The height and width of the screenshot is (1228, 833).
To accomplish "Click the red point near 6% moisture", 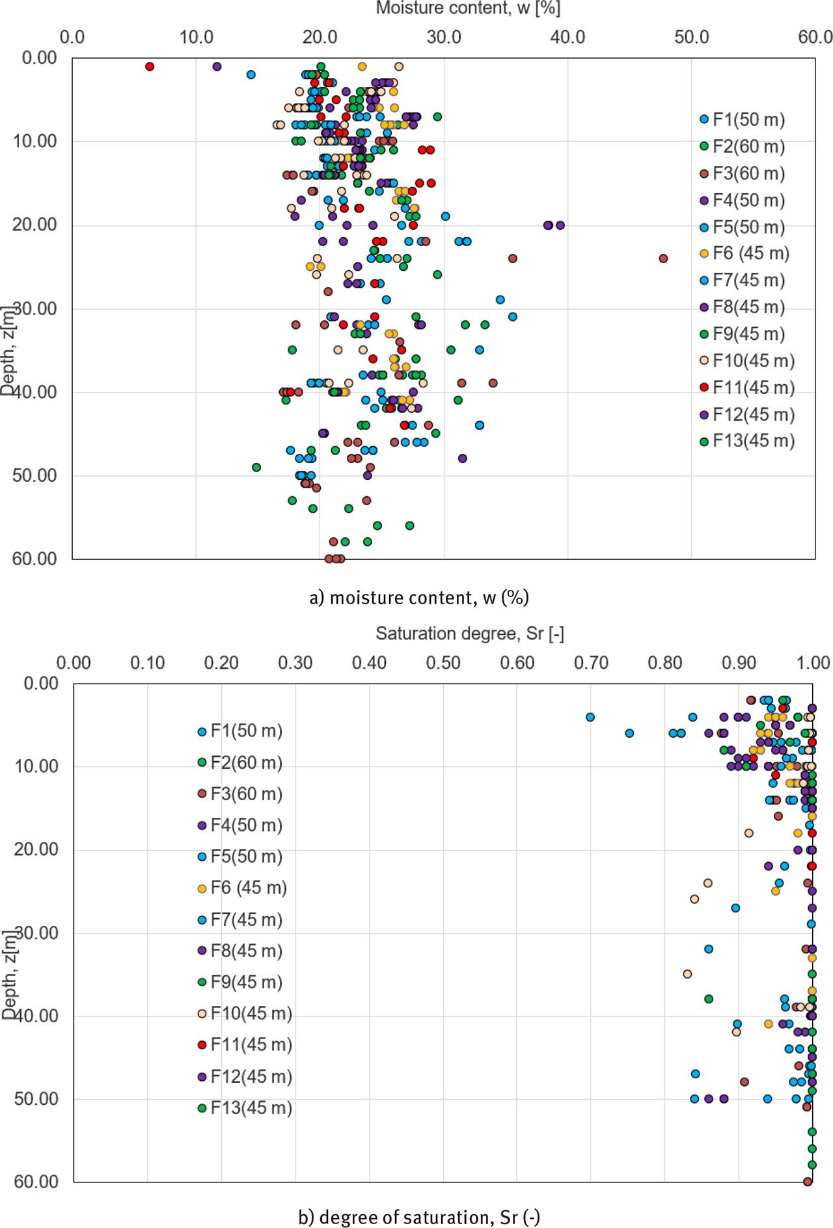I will (150, 66).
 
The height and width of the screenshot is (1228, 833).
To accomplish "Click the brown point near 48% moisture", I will (663, 258).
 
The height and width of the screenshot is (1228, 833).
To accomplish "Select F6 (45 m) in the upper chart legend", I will (750, 253).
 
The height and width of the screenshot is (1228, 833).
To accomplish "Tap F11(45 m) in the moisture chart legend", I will (753, 387).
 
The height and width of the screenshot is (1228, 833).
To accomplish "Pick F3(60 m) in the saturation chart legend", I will (246, 794).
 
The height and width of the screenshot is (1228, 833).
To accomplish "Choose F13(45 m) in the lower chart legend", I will (251, 1108).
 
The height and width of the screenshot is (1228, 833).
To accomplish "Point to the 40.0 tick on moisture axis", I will (567, 37).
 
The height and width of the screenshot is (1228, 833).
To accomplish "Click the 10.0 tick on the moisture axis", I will (196, 37).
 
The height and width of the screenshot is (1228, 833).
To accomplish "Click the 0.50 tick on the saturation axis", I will (443, 663).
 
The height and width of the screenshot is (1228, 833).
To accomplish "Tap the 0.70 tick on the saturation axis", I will (591, 663).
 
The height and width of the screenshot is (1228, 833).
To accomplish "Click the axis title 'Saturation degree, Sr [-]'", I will (469, 634).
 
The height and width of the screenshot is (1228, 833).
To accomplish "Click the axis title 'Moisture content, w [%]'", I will (468, 8).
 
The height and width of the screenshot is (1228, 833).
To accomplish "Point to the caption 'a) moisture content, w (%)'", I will (418, 597).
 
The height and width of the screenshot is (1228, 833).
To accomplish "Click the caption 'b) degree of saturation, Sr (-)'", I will (418, 1216).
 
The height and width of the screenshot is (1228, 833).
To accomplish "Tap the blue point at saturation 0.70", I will (590, 717).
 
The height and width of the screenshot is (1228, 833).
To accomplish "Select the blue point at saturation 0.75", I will (629, 733).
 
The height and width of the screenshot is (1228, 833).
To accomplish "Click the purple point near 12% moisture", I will (217, 66).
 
